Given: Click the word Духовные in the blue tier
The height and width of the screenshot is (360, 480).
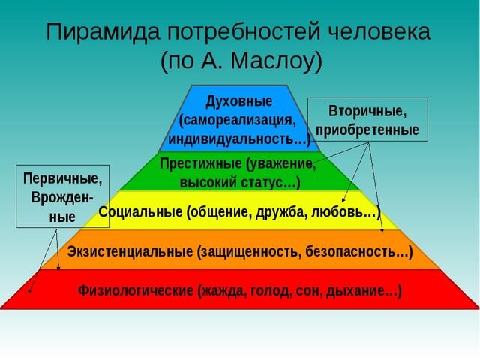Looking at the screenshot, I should [x=239, y=100].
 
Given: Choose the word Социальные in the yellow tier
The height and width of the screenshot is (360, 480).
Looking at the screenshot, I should [x=139, y=212].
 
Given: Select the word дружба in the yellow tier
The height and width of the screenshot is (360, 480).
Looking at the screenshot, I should [x=280, y=212].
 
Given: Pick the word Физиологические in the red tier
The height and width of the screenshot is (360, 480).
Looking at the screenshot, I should [x=136, y=290].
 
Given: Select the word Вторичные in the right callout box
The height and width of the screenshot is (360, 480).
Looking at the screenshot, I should [x=367, y=111].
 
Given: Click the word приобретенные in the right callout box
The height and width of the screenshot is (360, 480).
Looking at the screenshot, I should [x=367, y=130].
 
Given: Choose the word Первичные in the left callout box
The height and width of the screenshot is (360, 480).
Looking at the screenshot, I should [x=62, y=179].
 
